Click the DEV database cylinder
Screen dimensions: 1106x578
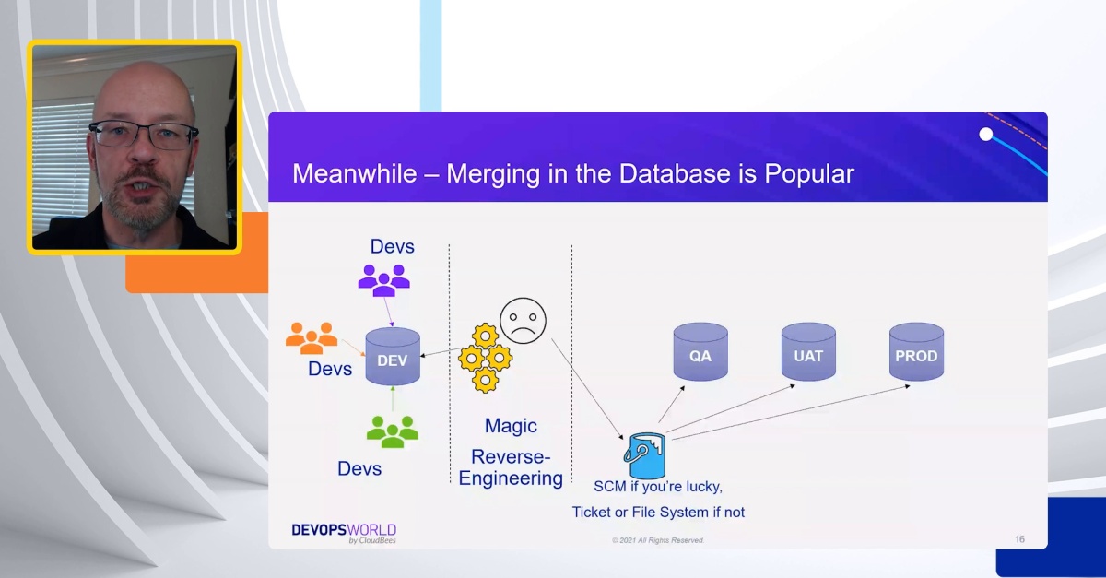point(393,357)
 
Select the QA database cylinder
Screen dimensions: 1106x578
point(700,352)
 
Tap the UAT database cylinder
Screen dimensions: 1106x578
point(808,352)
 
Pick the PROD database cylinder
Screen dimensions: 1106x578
point(916,352)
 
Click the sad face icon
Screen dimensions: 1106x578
point(523,321)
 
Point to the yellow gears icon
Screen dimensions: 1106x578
point(485,358)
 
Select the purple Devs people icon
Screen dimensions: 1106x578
point(383,279)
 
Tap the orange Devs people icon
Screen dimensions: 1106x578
point(311,338)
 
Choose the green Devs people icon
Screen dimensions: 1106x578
point(393,431)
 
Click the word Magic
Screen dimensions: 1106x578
point(511,426)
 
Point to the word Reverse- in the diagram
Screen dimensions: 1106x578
point(511,456)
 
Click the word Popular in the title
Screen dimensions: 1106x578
point(808,173)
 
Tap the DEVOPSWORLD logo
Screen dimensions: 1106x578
point(344,532)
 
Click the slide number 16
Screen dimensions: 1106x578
point(1019,539)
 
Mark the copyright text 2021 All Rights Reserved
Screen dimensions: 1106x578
point(657,540)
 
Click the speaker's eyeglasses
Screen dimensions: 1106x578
point(143,136)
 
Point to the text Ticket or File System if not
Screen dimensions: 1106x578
point(658,512)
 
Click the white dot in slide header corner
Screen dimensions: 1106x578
point(986,135)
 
